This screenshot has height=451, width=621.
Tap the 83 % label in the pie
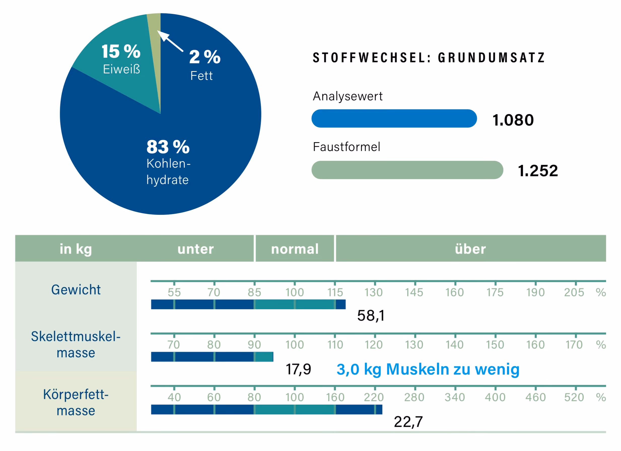pyautogui.click(x=168, y=147)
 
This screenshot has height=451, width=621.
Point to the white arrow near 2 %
pyautogui.click(x=170, y=41)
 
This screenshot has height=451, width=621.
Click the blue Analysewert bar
pyautogui.click(x=394, y=118)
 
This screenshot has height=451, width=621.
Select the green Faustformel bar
pyautogui.click(x=407, y=170)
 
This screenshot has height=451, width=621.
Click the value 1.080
pyautogui.click(x=513, y=120)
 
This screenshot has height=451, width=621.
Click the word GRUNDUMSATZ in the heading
pyautogui.click(x=492, y=57)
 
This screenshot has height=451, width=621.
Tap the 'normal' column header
pyautogui.click(x=295, y=249)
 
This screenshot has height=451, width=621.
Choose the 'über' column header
pyautogui.click(x=471, y=249)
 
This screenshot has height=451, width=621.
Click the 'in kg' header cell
pyautogui.click(x=76, y=249)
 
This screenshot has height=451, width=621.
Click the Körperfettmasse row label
pyautogui.click(x=76, y=403)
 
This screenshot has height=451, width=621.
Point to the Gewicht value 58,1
pyautogui.click(x=371, y=316)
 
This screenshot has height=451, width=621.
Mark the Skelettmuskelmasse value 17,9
pyautogui.click(x=298, y=369)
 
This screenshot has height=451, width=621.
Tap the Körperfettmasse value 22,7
pyautogui.click(x=408, y=422)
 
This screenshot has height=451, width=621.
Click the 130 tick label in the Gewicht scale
pyautogui.click(x=373, y=292)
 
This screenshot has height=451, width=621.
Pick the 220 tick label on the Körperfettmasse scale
pyautogui.click(x=374, y=397)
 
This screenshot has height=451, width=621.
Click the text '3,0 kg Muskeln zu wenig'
pyautogui.click(x=428, y=369)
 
